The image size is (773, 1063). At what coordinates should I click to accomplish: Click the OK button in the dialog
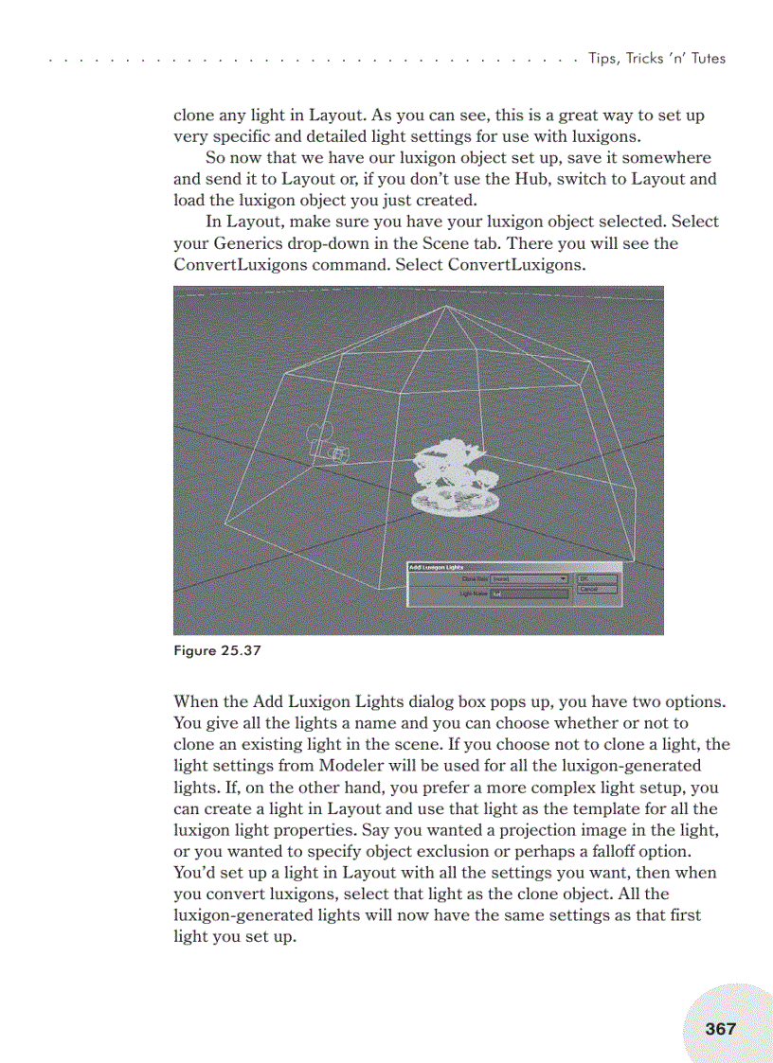pos(596,577)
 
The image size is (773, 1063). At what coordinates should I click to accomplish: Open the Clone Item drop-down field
pos(529,578)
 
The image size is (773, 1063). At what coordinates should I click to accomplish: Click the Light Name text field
pos(529,594)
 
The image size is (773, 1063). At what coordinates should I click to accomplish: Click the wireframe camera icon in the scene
pos(327,446)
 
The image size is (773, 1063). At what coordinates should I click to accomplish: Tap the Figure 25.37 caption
pos(217,650)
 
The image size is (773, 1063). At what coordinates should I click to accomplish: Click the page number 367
pos(720,1028)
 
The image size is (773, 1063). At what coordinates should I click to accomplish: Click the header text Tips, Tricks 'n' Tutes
pos(656,59)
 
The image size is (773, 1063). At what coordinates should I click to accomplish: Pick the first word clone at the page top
pos(194,115)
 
